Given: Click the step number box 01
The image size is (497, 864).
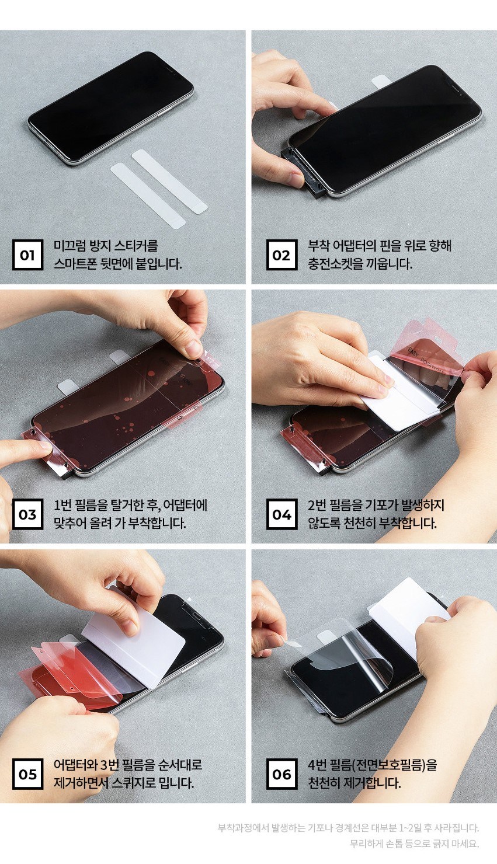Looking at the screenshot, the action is (27, 255).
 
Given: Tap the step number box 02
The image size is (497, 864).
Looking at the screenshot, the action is (281, 255).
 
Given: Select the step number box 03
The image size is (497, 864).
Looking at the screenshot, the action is (27, 514).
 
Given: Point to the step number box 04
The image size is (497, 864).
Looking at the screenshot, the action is (281, 514).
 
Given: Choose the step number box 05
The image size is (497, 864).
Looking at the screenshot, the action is (27, 774).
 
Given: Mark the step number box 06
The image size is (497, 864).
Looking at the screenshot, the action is (281, 774).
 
